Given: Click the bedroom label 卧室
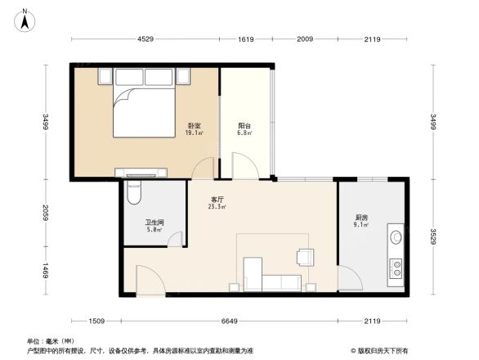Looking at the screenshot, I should pos(194,124).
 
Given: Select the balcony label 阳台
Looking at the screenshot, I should pos(244,124).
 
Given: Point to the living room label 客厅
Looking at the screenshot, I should pos(217,199).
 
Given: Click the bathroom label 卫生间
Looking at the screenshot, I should pos(154,222).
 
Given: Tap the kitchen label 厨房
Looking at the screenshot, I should pos(361,218).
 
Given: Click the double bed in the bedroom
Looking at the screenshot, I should pos(145,110).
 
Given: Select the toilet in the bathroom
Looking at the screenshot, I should pos(135,192).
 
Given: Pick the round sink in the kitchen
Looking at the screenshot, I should pos(396,237).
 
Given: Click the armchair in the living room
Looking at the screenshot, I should pos(307,256).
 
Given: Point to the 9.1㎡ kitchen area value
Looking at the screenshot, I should pos(361,226).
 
